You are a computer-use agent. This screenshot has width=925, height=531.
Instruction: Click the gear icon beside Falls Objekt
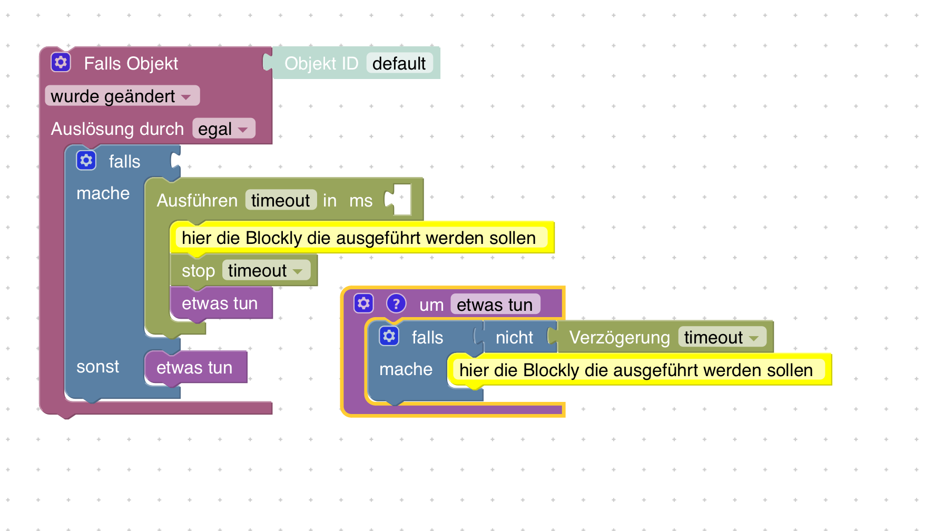[x=61, y=63]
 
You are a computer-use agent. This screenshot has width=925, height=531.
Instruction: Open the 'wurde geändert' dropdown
[x=122, y=96]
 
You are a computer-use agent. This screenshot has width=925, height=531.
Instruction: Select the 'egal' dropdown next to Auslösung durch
[x=223, y=129]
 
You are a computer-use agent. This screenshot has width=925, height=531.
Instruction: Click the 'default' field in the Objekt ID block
[x=399, y=64]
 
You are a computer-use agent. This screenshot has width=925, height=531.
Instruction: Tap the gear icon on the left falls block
[x=86, y=161]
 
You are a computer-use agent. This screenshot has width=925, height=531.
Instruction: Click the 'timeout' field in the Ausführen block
[x=280, y=201]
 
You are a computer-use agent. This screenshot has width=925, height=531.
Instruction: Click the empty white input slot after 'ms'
[x=402, y=200]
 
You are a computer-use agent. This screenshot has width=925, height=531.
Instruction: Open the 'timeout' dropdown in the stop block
[x=265, y=271]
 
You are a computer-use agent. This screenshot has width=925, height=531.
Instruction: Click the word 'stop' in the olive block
[x=198, y=271]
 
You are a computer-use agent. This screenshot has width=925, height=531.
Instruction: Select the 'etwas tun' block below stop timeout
[x=220, y=303]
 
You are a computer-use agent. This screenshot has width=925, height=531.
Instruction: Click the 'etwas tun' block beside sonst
[x=195, y=367]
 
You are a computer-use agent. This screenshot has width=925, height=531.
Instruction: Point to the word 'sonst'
[x=97, y=367]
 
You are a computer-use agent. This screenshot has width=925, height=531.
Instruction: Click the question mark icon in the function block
[x=396, y=304]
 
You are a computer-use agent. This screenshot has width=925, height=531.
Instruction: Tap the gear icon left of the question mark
[x=363, y=304]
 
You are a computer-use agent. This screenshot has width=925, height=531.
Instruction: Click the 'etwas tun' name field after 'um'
[x=495, y=305]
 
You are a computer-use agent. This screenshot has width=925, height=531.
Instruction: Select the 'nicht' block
[x=514, y=337]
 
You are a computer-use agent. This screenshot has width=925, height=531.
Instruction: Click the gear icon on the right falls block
[x=389, y=337]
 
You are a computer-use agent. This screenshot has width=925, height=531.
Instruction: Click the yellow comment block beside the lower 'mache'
[x=636, y=370]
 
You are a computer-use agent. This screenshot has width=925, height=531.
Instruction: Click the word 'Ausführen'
[x=197, y=201]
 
